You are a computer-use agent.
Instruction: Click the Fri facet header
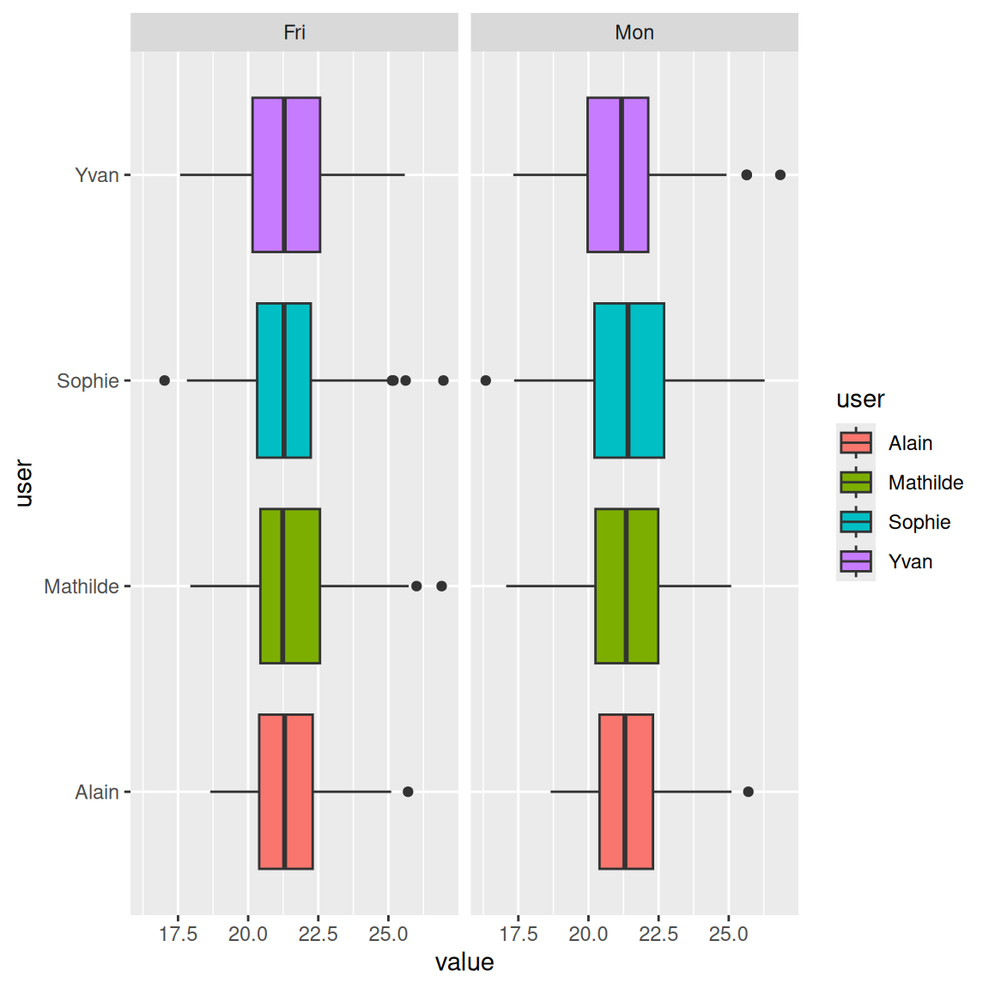pos(294,33)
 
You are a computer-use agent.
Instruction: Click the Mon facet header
pos(634,33)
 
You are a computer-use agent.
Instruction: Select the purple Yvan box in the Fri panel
pos(286,174)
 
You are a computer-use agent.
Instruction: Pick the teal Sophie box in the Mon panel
pos(628,380)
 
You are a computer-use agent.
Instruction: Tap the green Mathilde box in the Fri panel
pos(290,586)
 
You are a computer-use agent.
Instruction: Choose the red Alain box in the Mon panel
pos(626,791)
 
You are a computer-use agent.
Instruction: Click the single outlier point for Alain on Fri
pos(408,792)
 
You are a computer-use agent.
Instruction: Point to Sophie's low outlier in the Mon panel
pos(486,380)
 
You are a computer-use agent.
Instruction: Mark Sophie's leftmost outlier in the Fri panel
pos(165,380)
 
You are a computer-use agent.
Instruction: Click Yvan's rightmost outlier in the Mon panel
pos(780,175)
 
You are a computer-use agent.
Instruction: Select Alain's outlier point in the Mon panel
pos(748,792)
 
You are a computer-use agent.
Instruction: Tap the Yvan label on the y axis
pos(96,175)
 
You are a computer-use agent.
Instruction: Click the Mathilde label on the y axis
pos(82,586)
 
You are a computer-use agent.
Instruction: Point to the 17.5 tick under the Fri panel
pos(178,934)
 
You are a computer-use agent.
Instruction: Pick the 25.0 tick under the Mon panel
pos(728,934)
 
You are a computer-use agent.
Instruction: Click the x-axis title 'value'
pos(464,962)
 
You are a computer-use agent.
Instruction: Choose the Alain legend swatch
pos(856,443)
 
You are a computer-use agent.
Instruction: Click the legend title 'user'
pos(859,399)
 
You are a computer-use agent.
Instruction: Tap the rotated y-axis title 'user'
pos(24,482)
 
